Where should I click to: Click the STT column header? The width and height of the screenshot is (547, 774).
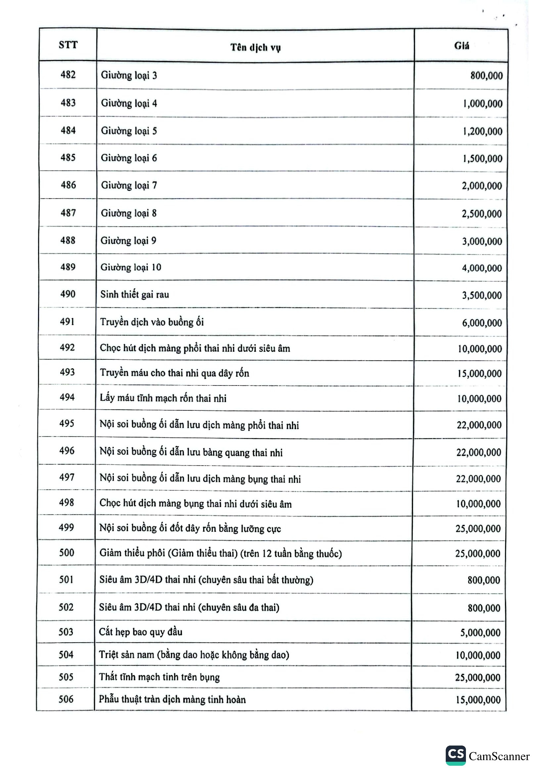tap(68, 45)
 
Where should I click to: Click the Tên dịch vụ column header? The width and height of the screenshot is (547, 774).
tap(255, 48)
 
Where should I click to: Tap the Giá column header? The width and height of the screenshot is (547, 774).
tap(461, 46)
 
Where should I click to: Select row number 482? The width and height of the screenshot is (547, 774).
tap(68, 75)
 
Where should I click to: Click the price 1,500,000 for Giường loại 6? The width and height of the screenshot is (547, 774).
tap(482, 159)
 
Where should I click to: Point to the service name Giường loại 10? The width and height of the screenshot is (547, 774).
tap(131, 267)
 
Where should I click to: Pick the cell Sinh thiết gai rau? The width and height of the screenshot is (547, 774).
tap(134, 295)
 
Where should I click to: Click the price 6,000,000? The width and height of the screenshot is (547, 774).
tap(482, 323)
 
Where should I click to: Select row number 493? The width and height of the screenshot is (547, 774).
tap(67, 372)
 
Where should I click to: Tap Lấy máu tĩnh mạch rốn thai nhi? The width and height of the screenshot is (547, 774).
tap(163, 398)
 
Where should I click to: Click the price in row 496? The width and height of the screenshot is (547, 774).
tap(479, 452)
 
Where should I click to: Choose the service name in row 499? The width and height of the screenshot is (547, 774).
tap(190, 528)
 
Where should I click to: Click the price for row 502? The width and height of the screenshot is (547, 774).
tap(484, 608)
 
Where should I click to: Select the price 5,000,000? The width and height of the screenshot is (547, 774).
tap(480, 633)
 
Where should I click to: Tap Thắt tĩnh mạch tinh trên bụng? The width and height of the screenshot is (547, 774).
tap(159, 677)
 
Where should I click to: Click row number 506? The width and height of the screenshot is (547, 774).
tap(66, 699)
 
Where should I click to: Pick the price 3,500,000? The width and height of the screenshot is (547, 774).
tap(482, 295)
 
